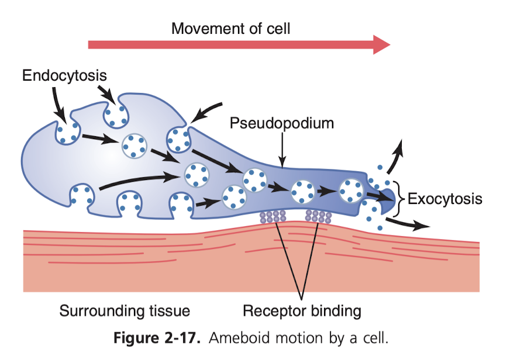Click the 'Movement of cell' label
pos(230,28)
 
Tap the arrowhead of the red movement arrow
pos(381,44)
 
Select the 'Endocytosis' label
pos(65,75)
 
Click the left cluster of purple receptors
pos(273,217)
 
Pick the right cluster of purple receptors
pos(319,217)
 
